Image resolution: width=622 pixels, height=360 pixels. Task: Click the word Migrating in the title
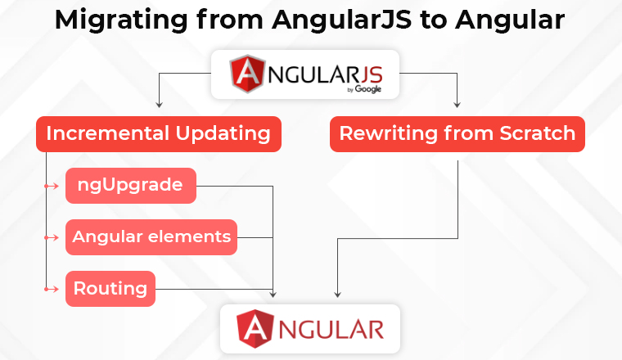[121, 20]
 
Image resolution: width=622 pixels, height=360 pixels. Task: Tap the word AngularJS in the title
[342, 20]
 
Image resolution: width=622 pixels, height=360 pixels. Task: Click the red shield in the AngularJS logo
[247, 74]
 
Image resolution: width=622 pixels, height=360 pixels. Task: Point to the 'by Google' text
[364, 89]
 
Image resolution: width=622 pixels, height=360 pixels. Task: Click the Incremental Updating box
[159, 134]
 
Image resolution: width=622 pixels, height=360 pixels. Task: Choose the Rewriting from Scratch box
[457, 134]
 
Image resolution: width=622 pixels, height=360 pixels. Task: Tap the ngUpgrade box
[131, 186]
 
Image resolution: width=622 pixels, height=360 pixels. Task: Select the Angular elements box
[151, 237]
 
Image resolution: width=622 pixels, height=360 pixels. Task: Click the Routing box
[110, 289]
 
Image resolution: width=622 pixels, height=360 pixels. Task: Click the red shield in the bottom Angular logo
[255, 329]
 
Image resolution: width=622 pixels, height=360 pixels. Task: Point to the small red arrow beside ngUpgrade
[52, 186]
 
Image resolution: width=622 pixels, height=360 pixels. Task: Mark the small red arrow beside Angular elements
[52, 237]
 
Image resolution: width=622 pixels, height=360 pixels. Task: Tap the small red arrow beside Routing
[52, 289]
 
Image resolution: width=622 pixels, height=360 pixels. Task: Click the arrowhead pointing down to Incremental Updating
[159, 105]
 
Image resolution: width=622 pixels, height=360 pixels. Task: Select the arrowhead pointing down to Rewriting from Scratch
[457, 105]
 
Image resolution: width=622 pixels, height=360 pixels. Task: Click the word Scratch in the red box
[537, 133]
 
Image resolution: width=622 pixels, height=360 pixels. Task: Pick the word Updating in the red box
[223, 133]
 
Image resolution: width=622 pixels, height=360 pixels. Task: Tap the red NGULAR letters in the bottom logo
[331, 330]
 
